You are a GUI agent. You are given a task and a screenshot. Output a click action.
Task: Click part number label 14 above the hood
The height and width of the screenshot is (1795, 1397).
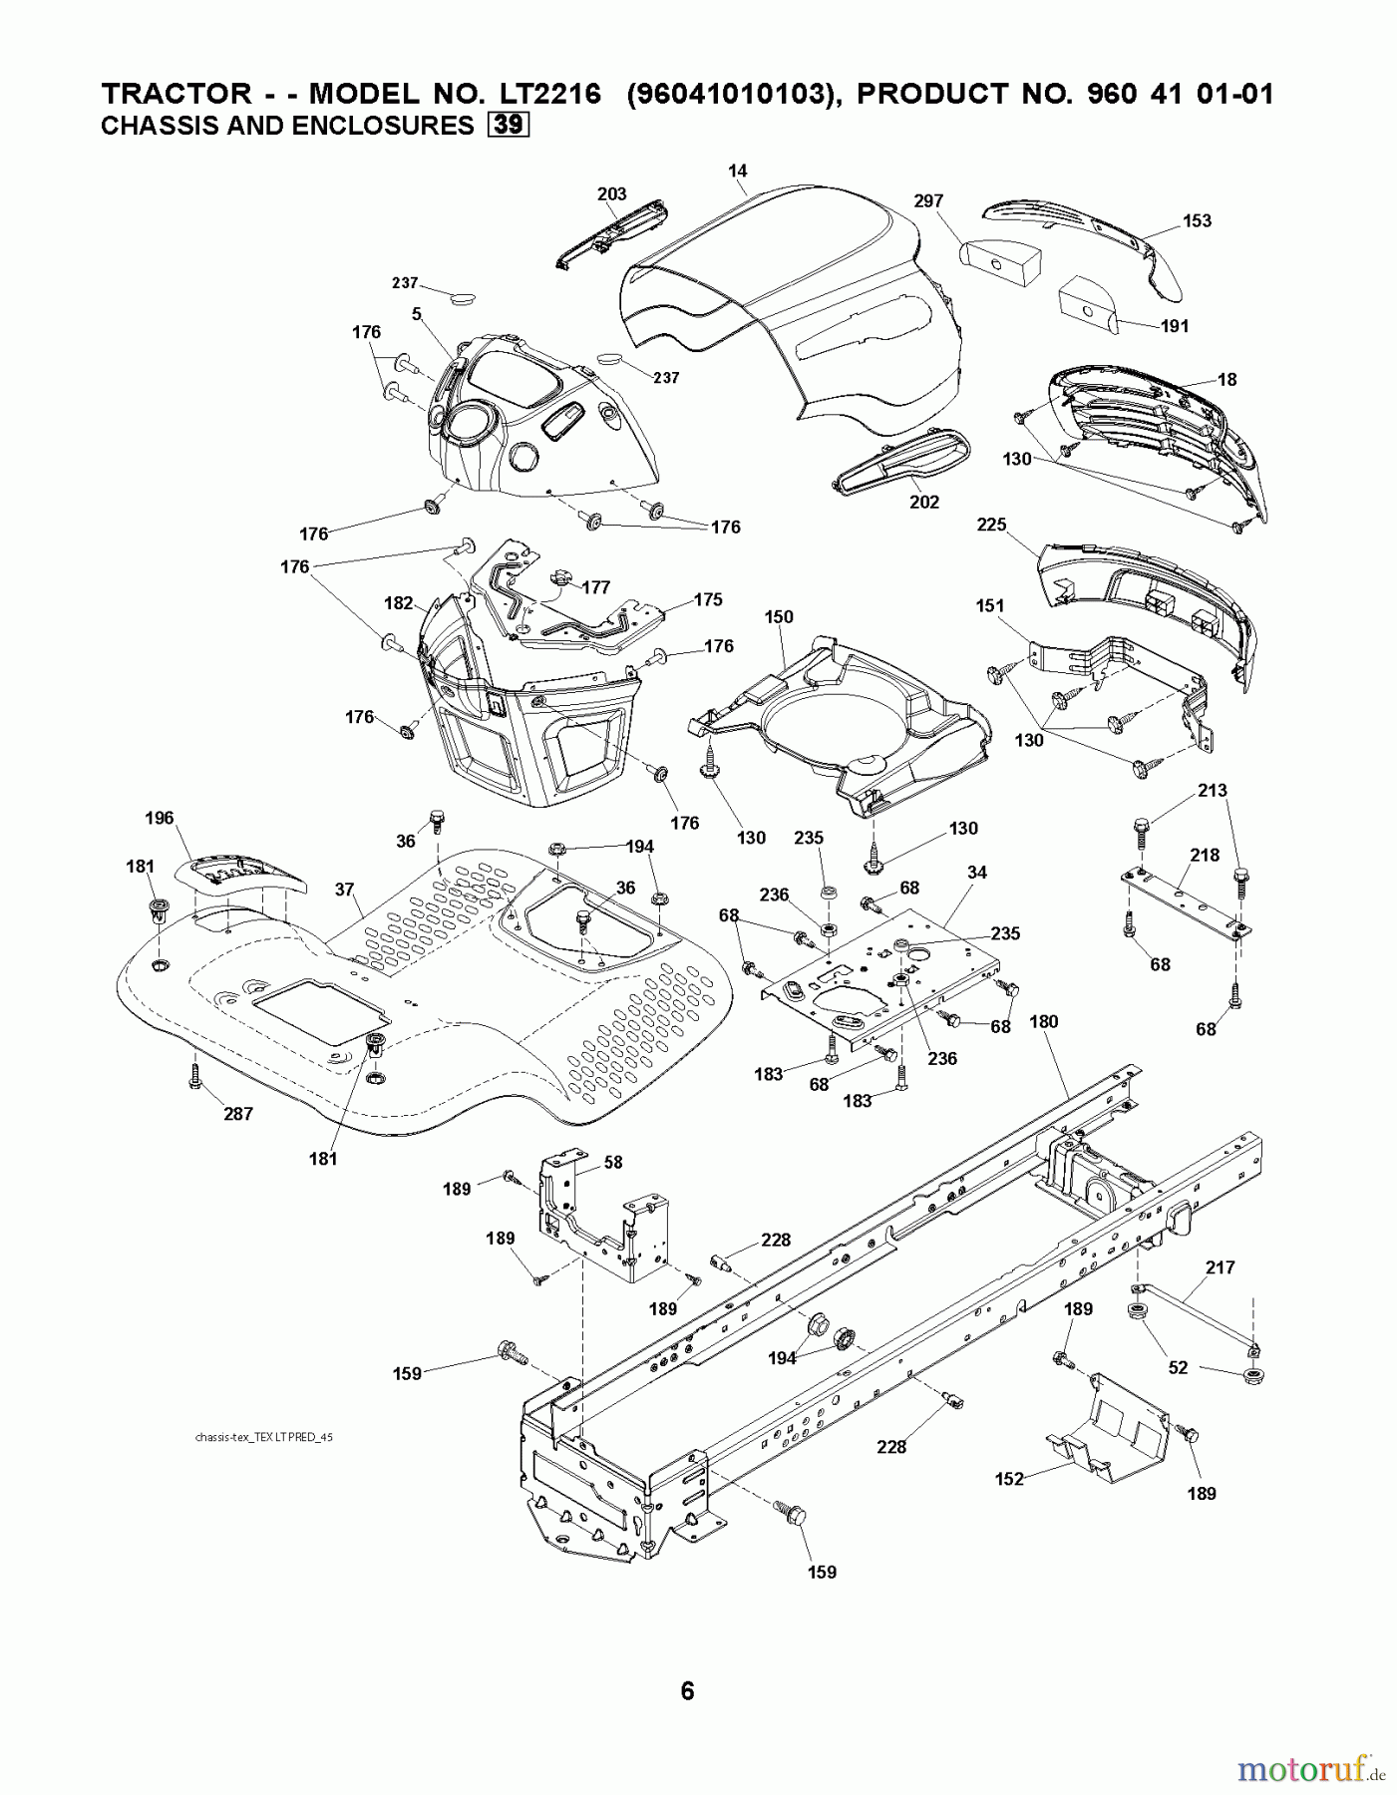pos(737,172)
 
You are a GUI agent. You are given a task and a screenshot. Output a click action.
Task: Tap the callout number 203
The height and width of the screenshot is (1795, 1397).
pos(611,193)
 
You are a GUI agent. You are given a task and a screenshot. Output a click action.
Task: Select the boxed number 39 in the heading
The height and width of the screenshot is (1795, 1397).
pos(508,125)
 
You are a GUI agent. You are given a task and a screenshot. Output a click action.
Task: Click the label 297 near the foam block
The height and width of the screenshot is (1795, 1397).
pos(927,201)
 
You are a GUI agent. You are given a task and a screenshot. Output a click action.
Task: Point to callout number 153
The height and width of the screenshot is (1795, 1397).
pos(1197,220)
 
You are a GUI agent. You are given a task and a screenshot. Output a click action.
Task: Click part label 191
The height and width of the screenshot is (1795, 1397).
pos(1175,326)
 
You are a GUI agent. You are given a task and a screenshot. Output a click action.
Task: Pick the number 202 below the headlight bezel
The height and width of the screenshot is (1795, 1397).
pos(923,502)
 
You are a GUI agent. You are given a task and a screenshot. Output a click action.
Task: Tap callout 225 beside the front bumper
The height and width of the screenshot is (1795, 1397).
pos(991,525)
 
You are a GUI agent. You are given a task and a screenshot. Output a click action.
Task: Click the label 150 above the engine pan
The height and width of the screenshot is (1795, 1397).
pos(779,616)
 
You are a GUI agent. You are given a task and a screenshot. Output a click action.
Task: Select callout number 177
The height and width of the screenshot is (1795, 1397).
pos(596,587)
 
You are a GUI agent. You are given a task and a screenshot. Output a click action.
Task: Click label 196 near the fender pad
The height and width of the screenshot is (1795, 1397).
pos(159,818)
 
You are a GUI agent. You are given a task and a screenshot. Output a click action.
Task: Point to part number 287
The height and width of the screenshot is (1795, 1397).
pos(237,1114)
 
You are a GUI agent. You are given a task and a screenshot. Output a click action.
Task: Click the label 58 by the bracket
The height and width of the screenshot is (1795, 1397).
pos(613,1162)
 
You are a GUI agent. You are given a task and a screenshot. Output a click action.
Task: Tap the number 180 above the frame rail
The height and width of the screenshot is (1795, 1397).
pos(1043,1021)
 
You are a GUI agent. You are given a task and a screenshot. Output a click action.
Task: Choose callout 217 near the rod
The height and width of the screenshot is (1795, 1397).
pos(1220,1267)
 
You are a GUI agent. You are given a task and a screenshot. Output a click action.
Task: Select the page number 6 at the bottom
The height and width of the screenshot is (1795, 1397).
pos(686,1690)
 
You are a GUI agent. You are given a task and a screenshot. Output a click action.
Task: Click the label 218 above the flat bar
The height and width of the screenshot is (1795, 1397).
pos(1205,855)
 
